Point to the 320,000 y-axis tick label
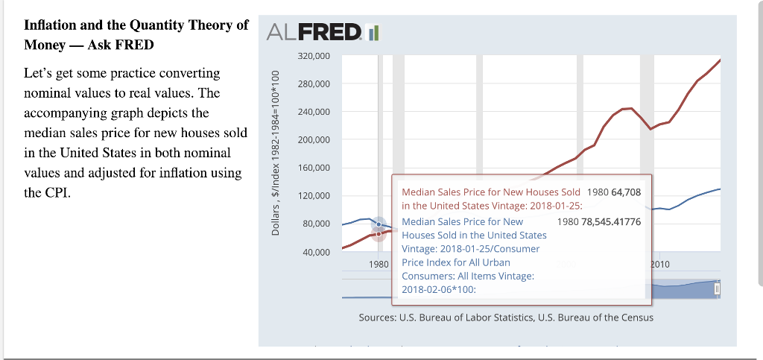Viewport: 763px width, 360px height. click(313, 56)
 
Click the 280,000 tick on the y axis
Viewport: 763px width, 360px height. click(313, 84)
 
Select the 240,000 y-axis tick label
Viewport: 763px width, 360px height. click(313, 112)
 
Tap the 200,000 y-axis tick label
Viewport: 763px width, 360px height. click(313, 140)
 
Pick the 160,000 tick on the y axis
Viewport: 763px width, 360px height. click(313, 168)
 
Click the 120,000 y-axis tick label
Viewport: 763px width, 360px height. click(313, 196)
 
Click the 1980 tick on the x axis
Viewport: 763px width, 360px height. click(379, 264)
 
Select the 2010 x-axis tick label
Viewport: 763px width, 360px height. click(660, 264)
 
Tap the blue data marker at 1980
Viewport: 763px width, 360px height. click(379, 224)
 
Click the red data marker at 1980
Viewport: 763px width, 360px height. click(379, 234)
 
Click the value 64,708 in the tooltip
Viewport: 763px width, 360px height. click(626, 192)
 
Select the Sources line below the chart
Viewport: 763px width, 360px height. click(506, 318)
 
